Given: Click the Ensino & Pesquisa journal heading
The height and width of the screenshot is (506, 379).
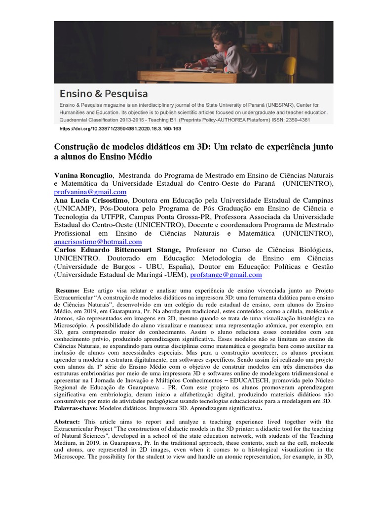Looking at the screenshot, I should point(104,93).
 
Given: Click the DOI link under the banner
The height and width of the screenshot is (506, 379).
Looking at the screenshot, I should point(120,128).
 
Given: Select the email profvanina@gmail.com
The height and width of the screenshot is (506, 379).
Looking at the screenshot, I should point(90,192).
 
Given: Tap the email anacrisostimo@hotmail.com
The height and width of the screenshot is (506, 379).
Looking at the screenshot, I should point(98,242).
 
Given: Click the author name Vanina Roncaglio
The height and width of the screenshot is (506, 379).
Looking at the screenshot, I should point(83,175).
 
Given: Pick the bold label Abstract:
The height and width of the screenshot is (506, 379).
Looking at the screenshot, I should point(68,422).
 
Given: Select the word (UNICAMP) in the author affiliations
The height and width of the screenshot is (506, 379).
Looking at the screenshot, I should point(74,209).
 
